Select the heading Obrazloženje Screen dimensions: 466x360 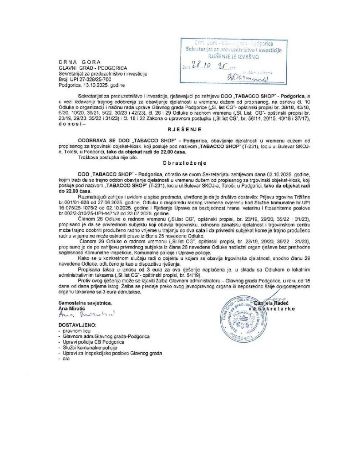180,162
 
